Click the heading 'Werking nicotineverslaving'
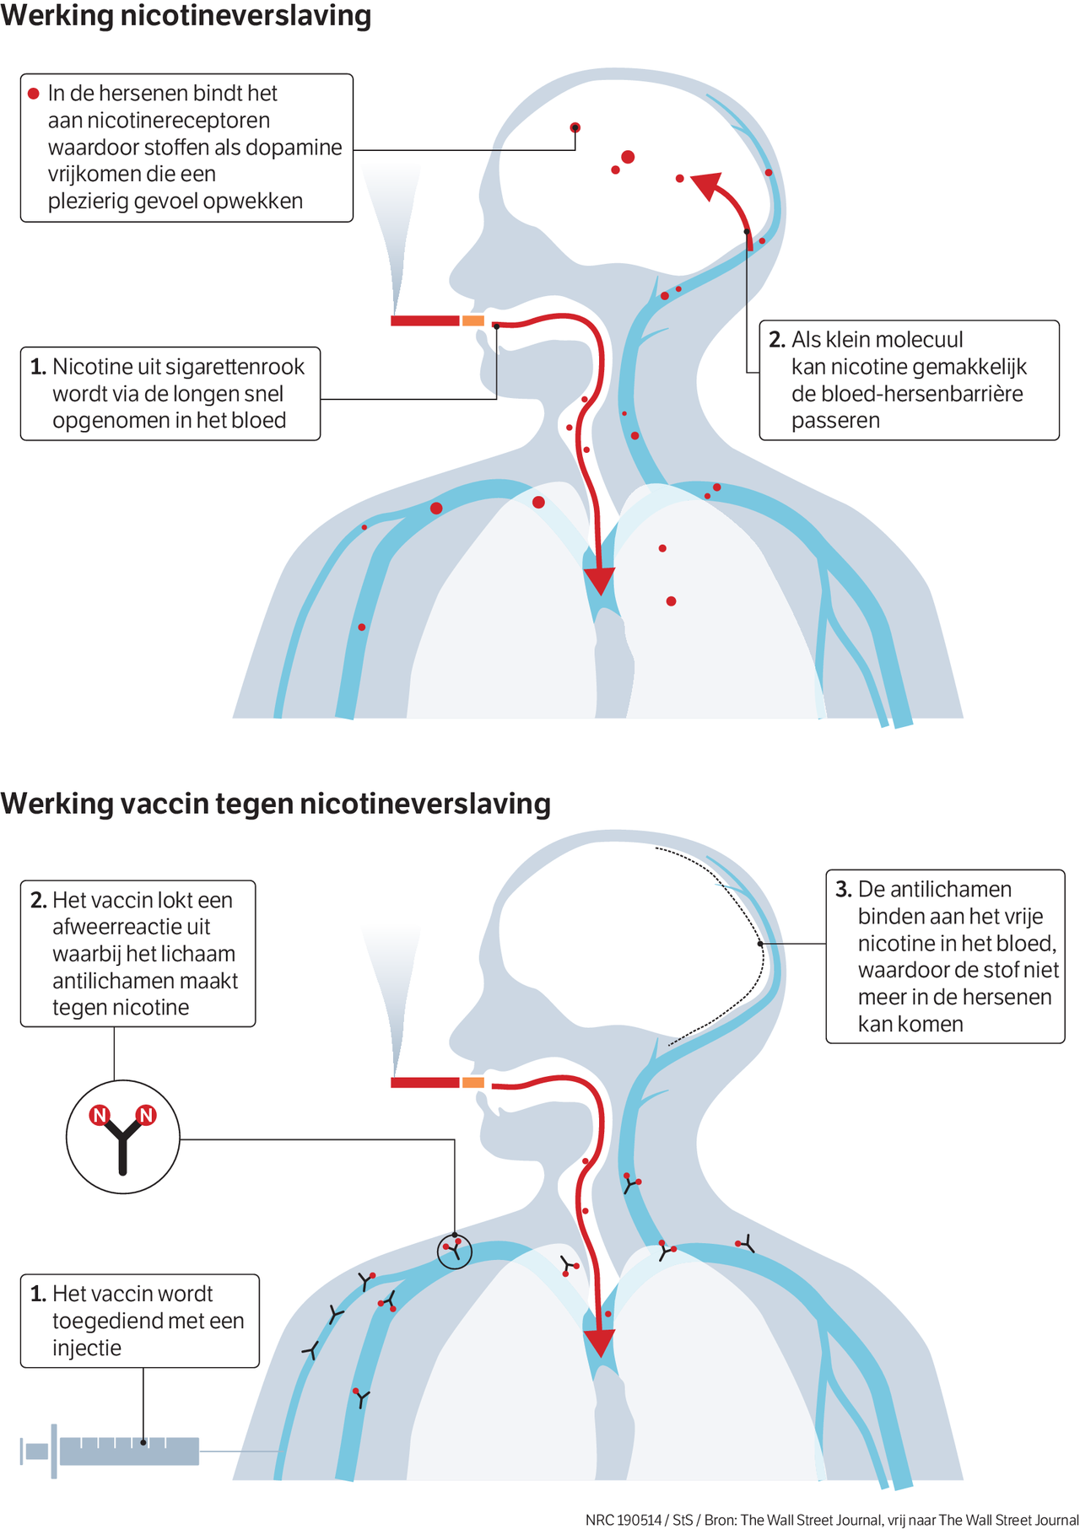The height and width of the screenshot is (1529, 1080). click(186, 16)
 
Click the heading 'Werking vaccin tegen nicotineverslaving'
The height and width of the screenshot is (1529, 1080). click(276, 804)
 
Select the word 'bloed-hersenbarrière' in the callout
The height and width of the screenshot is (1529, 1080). click(907, 394)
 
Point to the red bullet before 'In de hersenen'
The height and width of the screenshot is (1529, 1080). click(34, 94)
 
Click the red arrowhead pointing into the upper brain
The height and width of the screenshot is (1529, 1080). click(707, 186)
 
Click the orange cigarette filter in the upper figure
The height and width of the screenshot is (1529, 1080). click(473, 320)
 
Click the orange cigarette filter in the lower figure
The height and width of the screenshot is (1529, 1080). click(473, 1082)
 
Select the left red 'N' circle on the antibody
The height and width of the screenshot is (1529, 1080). click(100, 1115)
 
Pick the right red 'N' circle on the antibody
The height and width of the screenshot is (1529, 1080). click(146, 1115)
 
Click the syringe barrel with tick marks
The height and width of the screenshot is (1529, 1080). click(129, 1451)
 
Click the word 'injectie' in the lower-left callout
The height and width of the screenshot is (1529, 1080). click(87, 1348)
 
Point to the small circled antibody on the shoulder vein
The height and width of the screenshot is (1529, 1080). click(455, 1252)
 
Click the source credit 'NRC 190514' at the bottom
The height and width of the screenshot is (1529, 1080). click(624, 1520)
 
